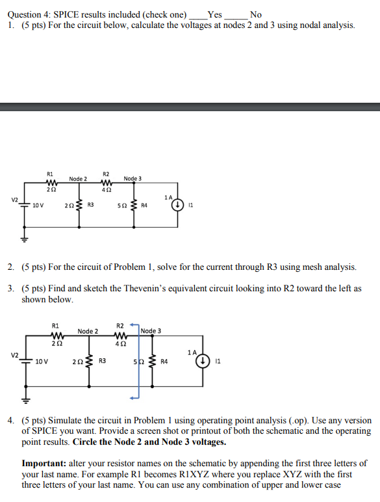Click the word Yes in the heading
pos(214,14)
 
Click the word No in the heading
pos(255,14)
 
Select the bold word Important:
pos(48,463)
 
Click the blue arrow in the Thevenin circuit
pos(137,364)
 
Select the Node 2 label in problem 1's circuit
pos(78,179)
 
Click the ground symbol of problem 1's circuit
pos(27,239)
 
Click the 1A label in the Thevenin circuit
pos(190,352)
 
